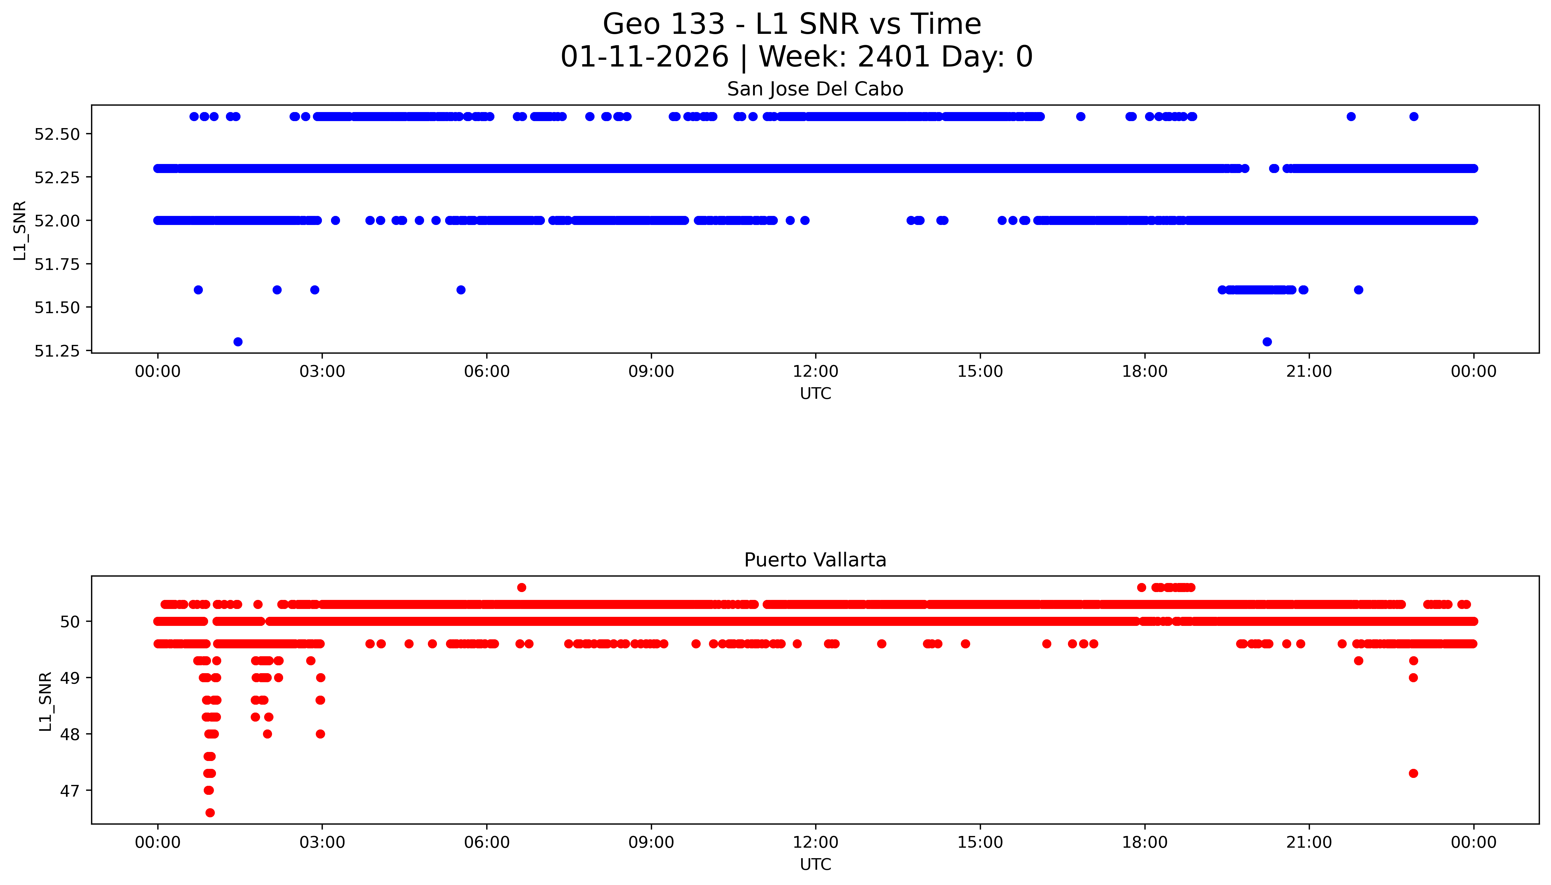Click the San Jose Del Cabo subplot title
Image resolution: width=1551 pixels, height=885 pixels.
(815, 89)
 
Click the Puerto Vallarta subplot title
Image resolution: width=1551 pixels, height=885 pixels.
(815, 560)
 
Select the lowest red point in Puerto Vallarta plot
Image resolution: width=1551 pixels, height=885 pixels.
(210, 813)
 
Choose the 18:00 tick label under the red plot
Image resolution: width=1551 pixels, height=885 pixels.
(1144, 842)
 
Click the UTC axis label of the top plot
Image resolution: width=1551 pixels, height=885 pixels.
(815, 394)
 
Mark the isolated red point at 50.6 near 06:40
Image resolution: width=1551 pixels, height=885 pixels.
(521, 587)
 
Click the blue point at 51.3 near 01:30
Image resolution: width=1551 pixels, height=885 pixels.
(238, 342)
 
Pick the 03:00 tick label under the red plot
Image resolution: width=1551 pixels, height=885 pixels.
(322, 842)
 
